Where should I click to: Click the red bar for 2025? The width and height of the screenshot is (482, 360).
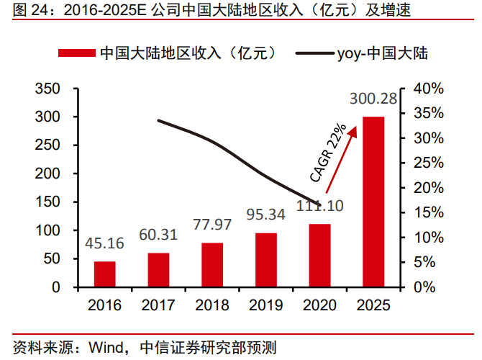click(373, 202)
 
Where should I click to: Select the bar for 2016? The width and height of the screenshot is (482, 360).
click(105, 274)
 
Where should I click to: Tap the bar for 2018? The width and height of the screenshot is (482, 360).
click(212, 264)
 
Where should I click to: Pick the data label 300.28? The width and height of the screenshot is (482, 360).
click(373, 99)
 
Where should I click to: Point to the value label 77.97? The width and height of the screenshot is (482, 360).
click(212, 224)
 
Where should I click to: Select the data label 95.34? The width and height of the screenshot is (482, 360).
click(266, 215)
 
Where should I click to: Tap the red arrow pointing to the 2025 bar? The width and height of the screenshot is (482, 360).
click(342, 158)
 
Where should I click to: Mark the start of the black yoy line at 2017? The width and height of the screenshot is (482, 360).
click(159, 120)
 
